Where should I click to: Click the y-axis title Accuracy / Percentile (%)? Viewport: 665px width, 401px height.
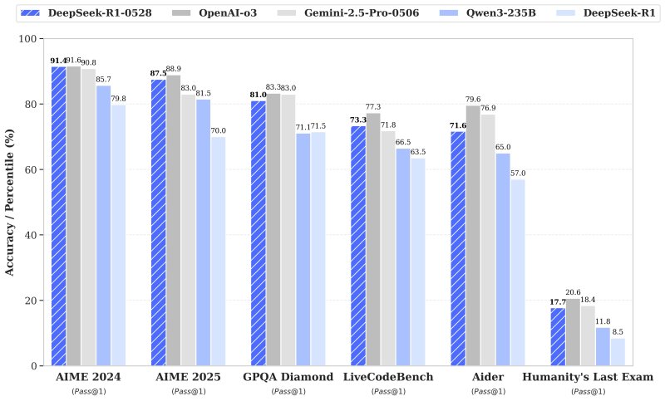click(11, 202)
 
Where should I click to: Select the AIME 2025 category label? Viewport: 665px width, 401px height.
click(188, 377)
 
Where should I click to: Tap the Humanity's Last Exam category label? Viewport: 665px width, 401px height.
click(588, 377)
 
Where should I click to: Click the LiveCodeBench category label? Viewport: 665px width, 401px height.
click(387, 377)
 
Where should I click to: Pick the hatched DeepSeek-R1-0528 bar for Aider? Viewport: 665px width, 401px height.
click(458, 248)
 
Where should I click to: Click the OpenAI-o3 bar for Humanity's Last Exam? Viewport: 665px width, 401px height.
click(573, 332)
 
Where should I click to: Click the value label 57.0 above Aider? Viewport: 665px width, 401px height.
click(518, 173)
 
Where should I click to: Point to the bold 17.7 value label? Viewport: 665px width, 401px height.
click(557, 301)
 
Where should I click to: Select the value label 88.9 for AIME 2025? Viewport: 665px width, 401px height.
click(173, 69)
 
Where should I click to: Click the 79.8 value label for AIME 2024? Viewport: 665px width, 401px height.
click(118, 99)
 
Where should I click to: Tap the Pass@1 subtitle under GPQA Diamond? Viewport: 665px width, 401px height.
click(288, 390)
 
